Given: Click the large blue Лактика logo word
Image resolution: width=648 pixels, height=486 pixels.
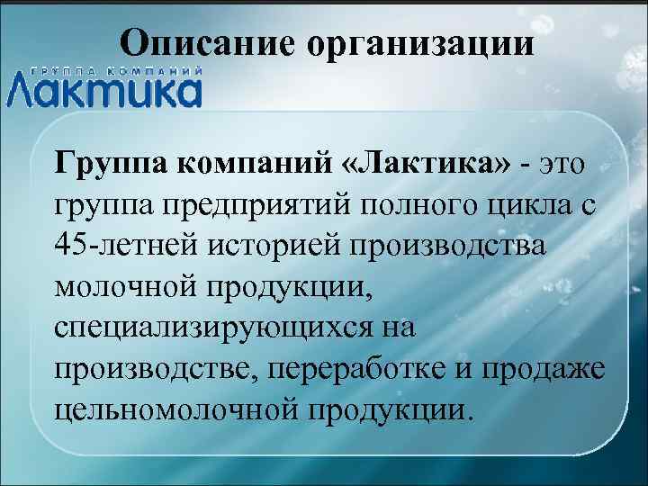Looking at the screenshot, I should click(x=104, y=90).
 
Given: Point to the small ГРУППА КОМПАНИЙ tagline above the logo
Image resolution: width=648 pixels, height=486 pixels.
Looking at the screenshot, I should click(x=115, y=69).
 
